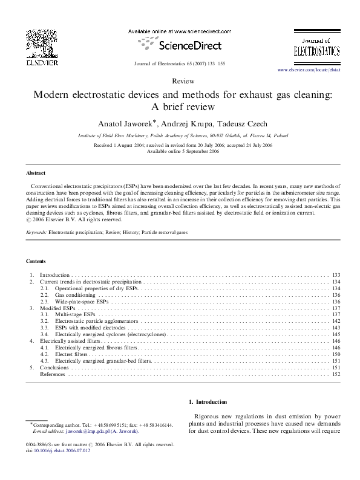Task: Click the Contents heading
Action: pyautogui.click(x=36, y=261)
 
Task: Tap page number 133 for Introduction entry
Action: pyautogui.click(x=336, y=275)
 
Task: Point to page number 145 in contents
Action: pyautogui.click(x=336, y=334)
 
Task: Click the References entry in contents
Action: pyautogui.click(x=52, y=374)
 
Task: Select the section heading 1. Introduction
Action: pyautogui.click(x=208, y=401)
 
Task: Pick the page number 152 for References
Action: pyautogui.click(x=336, y=374)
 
